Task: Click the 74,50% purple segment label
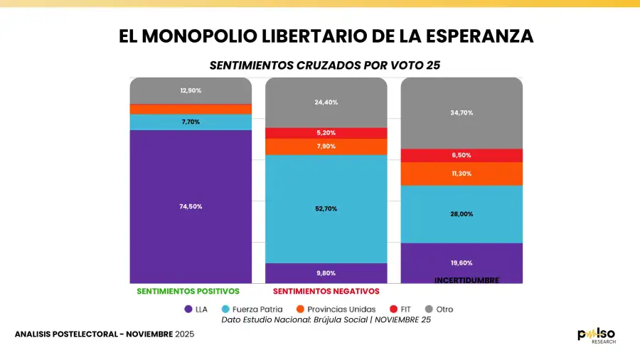(x=191, y=206)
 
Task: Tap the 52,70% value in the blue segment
(x=326, y=208)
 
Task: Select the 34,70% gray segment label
(x=462, y=113)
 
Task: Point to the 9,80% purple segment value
(x=326, y=272)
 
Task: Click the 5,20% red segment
(x=326, y=133)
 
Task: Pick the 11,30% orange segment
(x=462, y=174)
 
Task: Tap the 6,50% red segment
(x=462, y=155)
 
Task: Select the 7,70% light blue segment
(x=191, y=122)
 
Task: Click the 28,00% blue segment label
(x=462, y=214)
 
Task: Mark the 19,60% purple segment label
(x=462, y=263)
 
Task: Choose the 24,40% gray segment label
(x=326, y=102)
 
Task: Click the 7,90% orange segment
(x=326, y=147)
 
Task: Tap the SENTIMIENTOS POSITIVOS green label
(x=188, y=292)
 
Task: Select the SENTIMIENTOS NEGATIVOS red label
(x=326, y=292)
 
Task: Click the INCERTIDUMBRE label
(x=466, y=280)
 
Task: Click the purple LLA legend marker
(x=188, y=309)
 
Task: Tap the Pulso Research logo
(x=596, y=336)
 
